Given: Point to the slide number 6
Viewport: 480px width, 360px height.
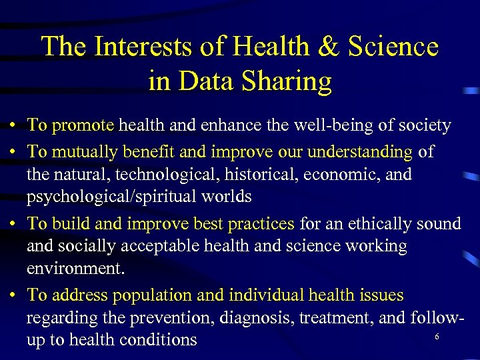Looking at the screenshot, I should coord(437,337).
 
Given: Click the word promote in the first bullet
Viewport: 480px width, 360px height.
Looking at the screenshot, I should coord(83,125).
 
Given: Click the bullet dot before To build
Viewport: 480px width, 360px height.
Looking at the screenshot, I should coord(13,224).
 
